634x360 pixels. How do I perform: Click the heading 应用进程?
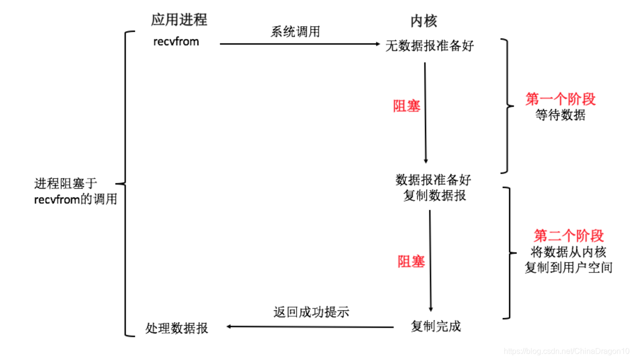coord(179,20)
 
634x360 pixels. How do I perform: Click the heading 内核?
coord(423,21)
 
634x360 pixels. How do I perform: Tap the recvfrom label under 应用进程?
coord(176,42)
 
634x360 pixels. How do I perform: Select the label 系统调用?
coord(295,32)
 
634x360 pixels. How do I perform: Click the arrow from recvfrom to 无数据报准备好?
coord(299,44)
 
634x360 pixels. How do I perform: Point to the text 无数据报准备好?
coord(430,46)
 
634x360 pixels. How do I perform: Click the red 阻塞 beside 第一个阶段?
coord(406,107)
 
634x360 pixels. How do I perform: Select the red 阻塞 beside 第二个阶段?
coord(411,262)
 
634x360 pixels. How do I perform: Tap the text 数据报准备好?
coord(433,180)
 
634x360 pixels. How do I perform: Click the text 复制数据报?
coord(435,196)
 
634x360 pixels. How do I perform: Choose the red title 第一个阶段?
coord(561,99)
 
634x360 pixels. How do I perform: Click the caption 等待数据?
coord(561,115)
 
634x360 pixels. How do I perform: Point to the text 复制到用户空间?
coord(568,267)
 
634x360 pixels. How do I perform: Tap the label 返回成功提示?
coord(311,312)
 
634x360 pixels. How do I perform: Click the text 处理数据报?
coord(177,328)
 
